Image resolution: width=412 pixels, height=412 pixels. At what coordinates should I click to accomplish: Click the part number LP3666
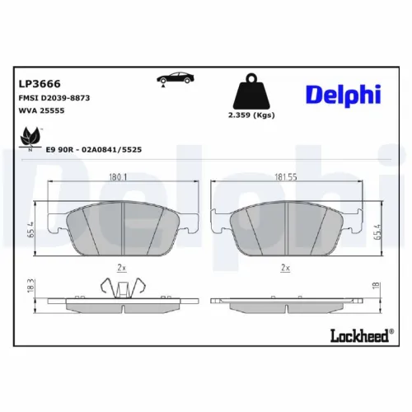point(40,83)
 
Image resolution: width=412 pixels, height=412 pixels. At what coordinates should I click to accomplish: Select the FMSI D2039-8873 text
point(55,97)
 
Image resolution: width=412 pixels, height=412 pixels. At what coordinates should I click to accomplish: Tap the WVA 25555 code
point(43,110)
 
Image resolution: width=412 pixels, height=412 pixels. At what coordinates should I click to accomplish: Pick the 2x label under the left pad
point(122,268)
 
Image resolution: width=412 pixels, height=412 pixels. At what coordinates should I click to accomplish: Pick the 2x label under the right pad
point(286,268)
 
